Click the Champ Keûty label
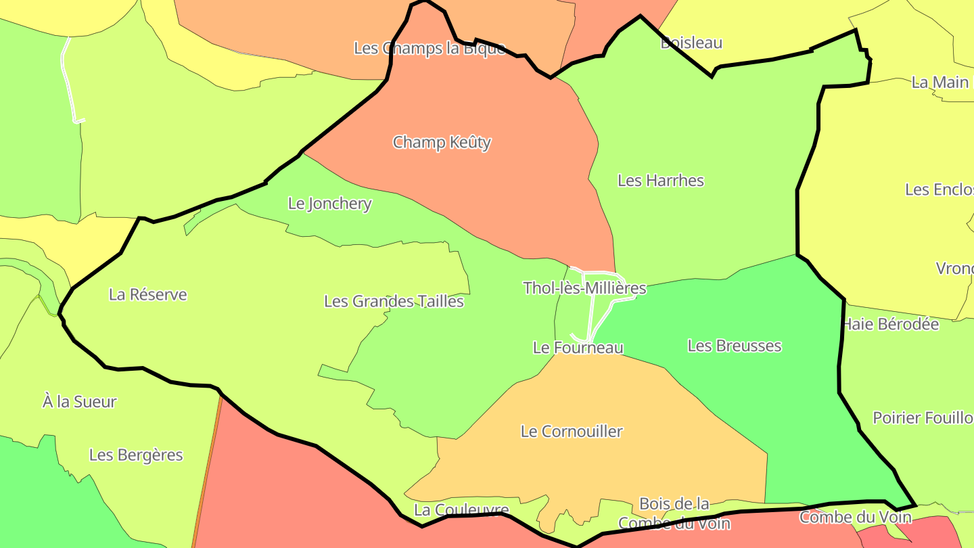tap(442, 143)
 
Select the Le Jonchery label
tap(329, 204)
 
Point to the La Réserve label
tap(147, 295)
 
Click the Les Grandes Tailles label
tap(394, 302)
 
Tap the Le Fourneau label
tap(578, 348)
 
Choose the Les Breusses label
tap(734, 346)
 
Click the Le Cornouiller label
tap(572, 432)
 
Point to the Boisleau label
tap(691, 43)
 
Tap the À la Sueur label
tap(79, 402)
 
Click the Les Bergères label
tap(136, 455)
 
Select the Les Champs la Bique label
tap(429, 49)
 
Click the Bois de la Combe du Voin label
tap(674, 513)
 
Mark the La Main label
tap(940, 83)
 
